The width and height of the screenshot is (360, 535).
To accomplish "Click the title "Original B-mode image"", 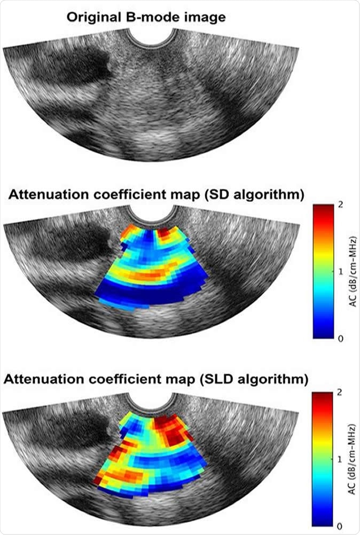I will tap(146, 17).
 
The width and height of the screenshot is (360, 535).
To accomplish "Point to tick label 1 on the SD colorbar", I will tap(340, 272).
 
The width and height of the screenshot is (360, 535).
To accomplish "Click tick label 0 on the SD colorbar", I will tap(340, 339).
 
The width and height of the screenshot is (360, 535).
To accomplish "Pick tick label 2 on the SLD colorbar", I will tap(340, 392).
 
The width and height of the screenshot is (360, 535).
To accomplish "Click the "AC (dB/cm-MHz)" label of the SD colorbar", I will tap(352, 272).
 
